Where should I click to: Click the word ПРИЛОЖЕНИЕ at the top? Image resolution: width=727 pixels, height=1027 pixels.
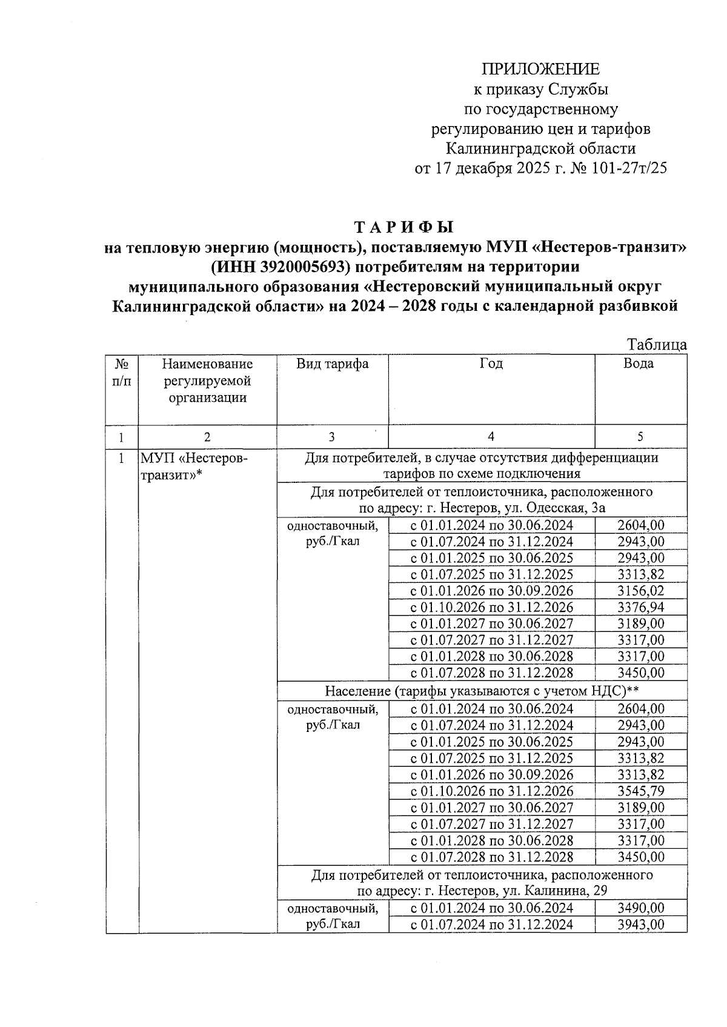[540, 68]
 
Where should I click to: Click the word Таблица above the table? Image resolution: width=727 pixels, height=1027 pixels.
[657, 345]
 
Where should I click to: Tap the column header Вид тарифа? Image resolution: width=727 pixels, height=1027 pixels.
[332, 364]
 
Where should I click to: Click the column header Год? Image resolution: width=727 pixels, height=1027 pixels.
[491, 364]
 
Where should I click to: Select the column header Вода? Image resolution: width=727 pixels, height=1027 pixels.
[639, 364]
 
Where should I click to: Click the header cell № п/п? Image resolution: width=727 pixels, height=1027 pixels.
[122, 372]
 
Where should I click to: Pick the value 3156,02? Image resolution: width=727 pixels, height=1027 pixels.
[640, 591]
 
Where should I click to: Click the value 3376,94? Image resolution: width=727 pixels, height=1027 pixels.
[640, 607]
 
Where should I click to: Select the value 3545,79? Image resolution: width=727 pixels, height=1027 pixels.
[640, 791]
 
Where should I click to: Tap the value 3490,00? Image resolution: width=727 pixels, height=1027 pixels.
[640, 908]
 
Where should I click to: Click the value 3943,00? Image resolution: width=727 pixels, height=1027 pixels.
[640, 924]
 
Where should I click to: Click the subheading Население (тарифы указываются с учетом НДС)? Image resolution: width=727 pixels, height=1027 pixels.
[482, 691]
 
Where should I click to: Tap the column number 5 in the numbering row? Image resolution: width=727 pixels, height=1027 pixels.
[640, 437]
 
